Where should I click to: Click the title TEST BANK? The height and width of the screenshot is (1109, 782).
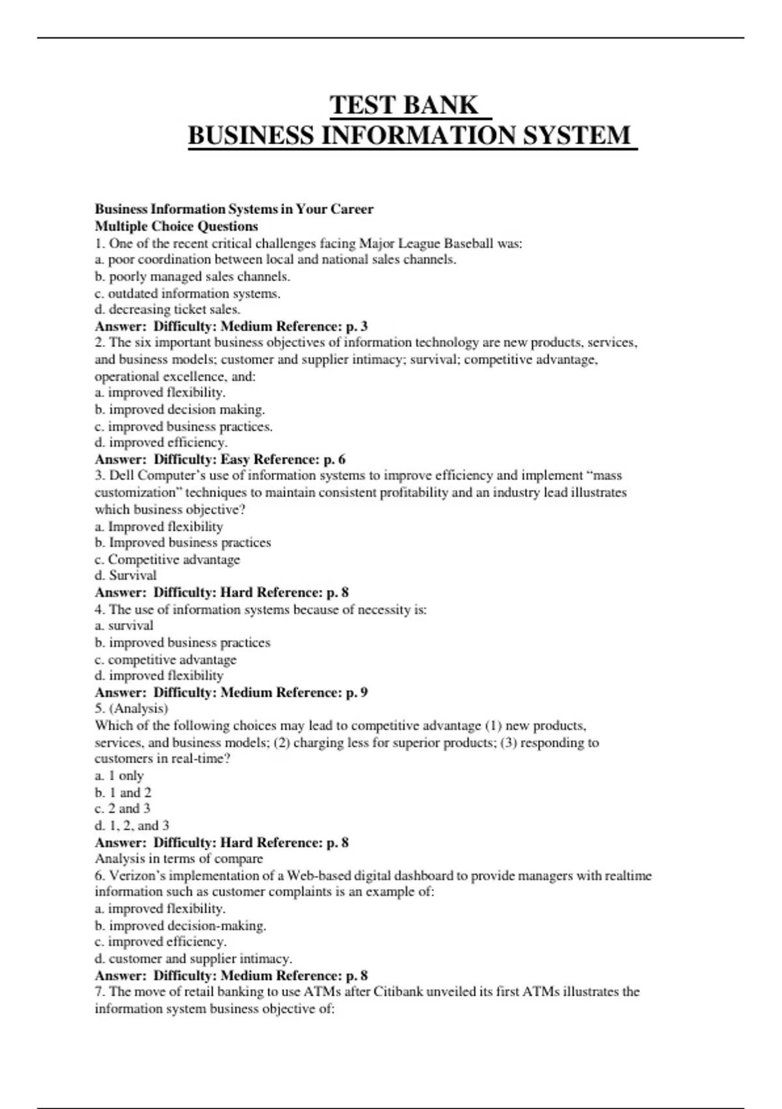[404, 105]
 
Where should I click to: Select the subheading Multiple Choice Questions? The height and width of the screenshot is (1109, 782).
[176, 226]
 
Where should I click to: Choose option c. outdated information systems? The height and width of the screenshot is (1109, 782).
[188, 294]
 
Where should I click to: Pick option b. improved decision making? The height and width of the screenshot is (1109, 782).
[180, 410]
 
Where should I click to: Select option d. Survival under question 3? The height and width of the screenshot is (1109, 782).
[126, 575]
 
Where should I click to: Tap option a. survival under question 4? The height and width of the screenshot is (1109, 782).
[124, 626]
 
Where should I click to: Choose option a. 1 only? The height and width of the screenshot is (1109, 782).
[119, 776]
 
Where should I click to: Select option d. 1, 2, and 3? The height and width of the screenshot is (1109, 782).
[132, 825]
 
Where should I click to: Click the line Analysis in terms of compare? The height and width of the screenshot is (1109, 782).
[179, 858]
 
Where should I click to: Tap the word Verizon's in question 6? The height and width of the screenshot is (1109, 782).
[138, 875]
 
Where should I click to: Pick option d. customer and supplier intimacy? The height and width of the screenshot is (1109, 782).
[194, 958]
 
